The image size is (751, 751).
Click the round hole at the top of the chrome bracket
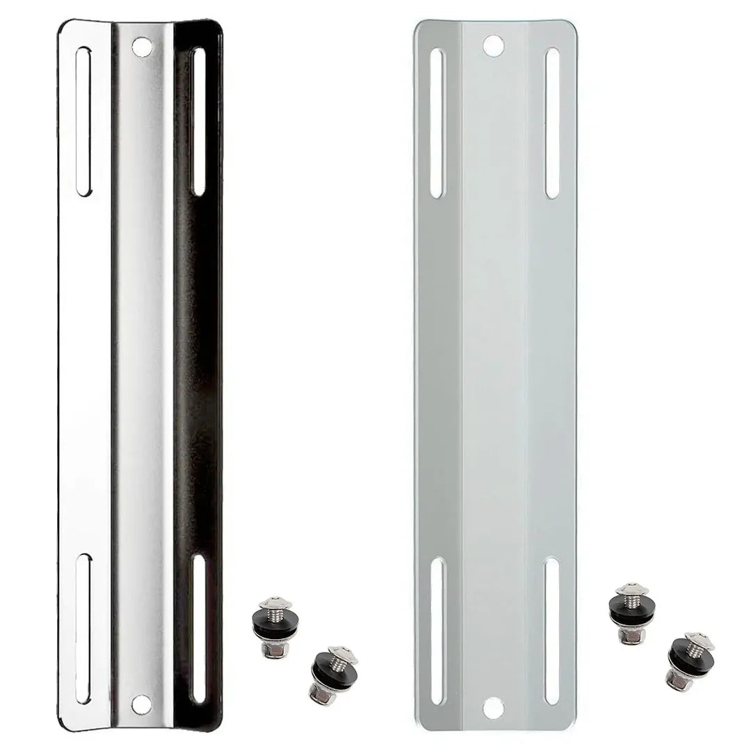point(142,47)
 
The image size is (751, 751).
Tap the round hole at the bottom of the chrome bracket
point(141,704)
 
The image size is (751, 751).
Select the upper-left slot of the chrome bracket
point(84,122)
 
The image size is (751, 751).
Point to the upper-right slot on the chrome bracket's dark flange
point(198,121)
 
